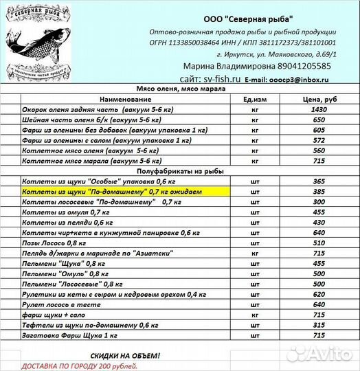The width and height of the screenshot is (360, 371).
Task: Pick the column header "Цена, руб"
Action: [x=318, y=99]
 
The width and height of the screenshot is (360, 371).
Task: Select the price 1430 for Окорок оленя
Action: [x=318, y=109]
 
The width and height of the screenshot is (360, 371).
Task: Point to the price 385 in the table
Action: [x=318, y=192]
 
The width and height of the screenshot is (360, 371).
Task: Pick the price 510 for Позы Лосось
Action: [x=318, y=243]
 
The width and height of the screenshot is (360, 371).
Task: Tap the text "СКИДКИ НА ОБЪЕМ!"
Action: [x=126, y=355]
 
